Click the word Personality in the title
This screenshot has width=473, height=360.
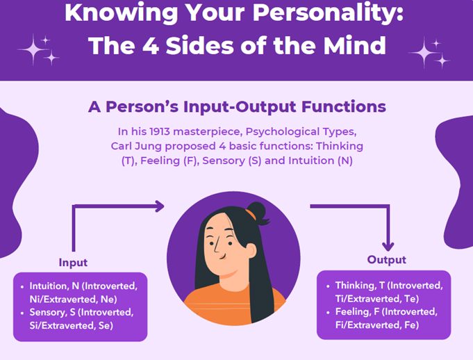point(328,13)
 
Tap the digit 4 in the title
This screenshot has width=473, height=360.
point(151,46)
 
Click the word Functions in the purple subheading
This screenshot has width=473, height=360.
point(344,106)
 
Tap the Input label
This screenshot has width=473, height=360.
point(73,263)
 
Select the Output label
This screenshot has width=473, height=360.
point(386,260)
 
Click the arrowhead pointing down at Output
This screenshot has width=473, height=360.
point(388,246)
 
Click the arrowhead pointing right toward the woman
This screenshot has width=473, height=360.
point(160,206)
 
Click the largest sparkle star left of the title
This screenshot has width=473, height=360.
point(33,49)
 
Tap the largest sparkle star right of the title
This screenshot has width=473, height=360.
point(424,53)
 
